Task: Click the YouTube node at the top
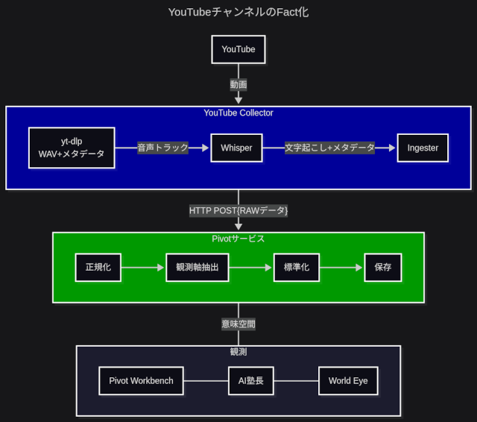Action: [238, 50]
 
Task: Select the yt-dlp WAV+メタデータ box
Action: [72, 148]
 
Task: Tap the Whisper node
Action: [236, 148]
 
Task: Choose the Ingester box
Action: [423, 148]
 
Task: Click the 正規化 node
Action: [98, 267]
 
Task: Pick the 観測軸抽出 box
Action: [197, 267]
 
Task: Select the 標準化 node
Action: [296, 267]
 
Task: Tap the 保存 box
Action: [383, 267]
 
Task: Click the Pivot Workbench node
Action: [141, 381]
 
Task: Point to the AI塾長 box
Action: [250, 381]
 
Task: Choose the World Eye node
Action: [348, 381]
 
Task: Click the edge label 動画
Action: [238, 84]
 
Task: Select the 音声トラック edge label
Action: [162, 148]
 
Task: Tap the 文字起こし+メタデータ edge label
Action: [329, 148]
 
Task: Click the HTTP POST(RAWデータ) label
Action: [238, 210]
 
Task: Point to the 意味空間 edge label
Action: [238, 324]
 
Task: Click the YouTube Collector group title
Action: [238, 113]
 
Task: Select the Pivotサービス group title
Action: [238, 239]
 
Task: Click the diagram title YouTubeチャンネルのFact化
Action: [238, 13]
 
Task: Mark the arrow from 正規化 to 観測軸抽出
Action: [143, 267]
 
